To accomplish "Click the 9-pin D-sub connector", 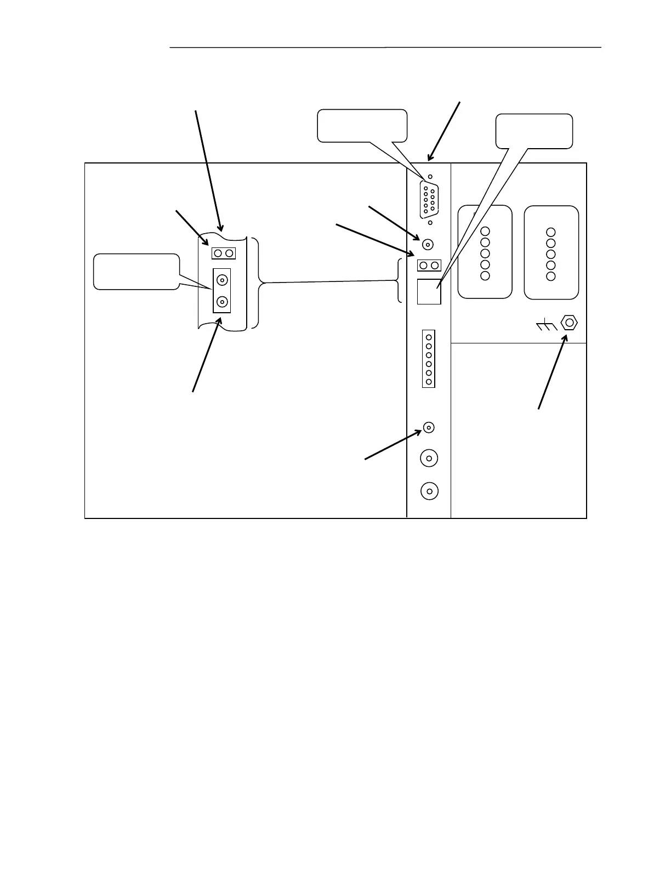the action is pos(429,200).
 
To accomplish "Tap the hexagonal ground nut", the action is pos(570,323).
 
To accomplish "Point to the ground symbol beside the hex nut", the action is pos(546,326).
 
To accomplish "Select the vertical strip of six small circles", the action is pos(429,359).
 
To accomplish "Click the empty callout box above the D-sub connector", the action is pos(362,125).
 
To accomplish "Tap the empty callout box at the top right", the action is pos(534,131).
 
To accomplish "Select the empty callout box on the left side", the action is pos(137,271).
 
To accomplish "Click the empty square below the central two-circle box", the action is pos(429,291).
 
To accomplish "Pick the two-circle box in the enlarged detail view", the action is pos(224,253).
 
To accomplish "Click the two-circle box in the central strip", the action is pos(429,266).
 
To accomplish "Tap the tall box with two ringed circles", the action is pos(222,291).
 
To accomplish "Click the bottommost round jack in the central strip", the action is pos(429,491).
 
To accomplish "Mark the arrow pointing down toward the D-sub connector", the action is pos(443,131).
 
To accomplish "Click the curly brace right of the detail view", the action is pos(256,283).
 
